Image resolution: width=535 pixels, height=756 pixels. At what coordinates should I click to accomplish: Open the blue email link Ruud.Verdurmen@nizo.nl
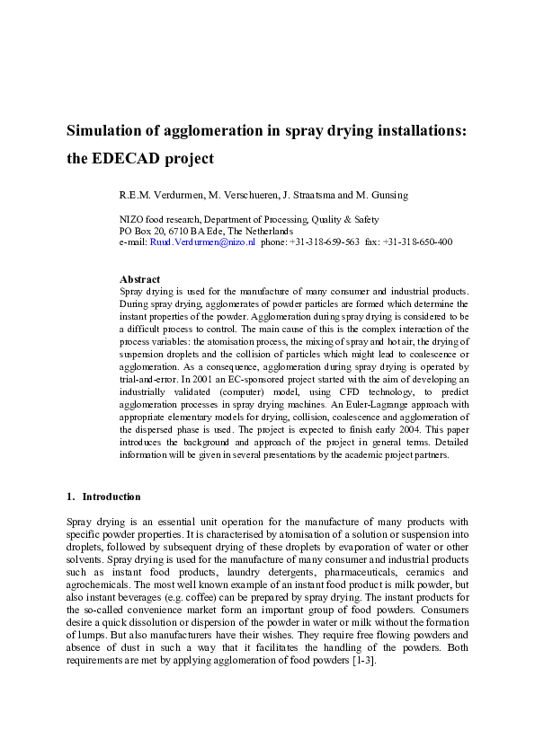click(202, 242)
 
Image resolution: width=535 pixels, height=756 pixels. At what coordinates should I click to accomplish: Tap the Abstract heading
click(139, 279)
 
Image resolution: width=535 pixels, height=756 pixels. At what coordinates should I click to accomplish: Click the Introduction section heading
click(111, 497)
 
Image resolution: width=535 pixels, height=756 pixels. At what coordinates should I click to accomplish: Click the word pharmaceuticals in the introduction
click(322, 572)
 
